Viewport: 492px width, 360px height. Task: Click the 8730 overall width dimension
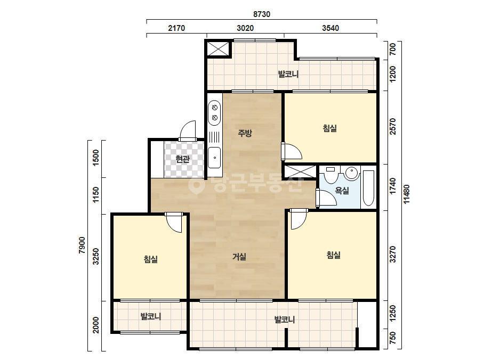[x=262, y=14]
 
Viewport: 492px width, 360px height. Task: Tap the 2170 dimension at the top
[x=176, y=28]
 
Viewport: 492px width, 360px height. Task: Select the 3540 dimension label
[x=330, y=28]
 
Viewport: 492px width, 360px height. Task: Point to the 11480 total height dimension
[x=407, y=194]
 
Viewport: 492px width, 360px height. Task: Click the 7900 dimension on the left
[x=82, y=245]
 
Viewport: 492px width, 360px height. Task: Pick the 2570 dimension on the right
[x=392, y=127]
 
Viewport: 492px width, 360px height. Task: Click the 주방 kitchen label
[x=245, y=133]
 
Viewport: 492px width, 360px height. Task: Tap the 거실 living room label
[x=239, y=257]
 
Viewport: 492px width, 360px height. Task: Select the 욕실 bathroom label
[x=342, y=190]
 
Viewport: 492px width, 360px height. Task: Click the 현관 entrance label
[x=183, y=159]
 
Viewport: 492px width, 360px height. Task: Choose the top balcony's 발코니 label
[x=288, y=75]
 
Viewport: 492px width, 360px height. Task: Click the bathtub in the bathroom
[x=369, y=188]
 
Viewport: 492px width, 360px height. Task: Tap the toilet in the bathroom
[x=330, y=175]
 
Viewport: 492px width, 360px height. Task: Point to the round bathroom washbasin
[x=352, y=174]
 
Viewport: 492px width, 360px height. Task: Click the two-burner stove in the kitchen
[x=215, y=112]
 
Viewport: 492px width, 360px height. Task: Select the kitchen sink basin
[x=215, y=158]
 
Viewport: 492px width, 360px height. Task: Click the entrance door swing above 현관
[x=188, y=131]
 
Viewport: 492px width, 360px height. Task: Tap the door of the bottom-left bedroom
[x=174, y=223]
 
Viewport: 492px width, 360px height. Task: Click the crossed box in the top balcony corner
[x=218, y=48]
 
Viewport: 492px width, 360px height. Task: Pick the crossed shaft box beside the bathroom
[x=300, y=172]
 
